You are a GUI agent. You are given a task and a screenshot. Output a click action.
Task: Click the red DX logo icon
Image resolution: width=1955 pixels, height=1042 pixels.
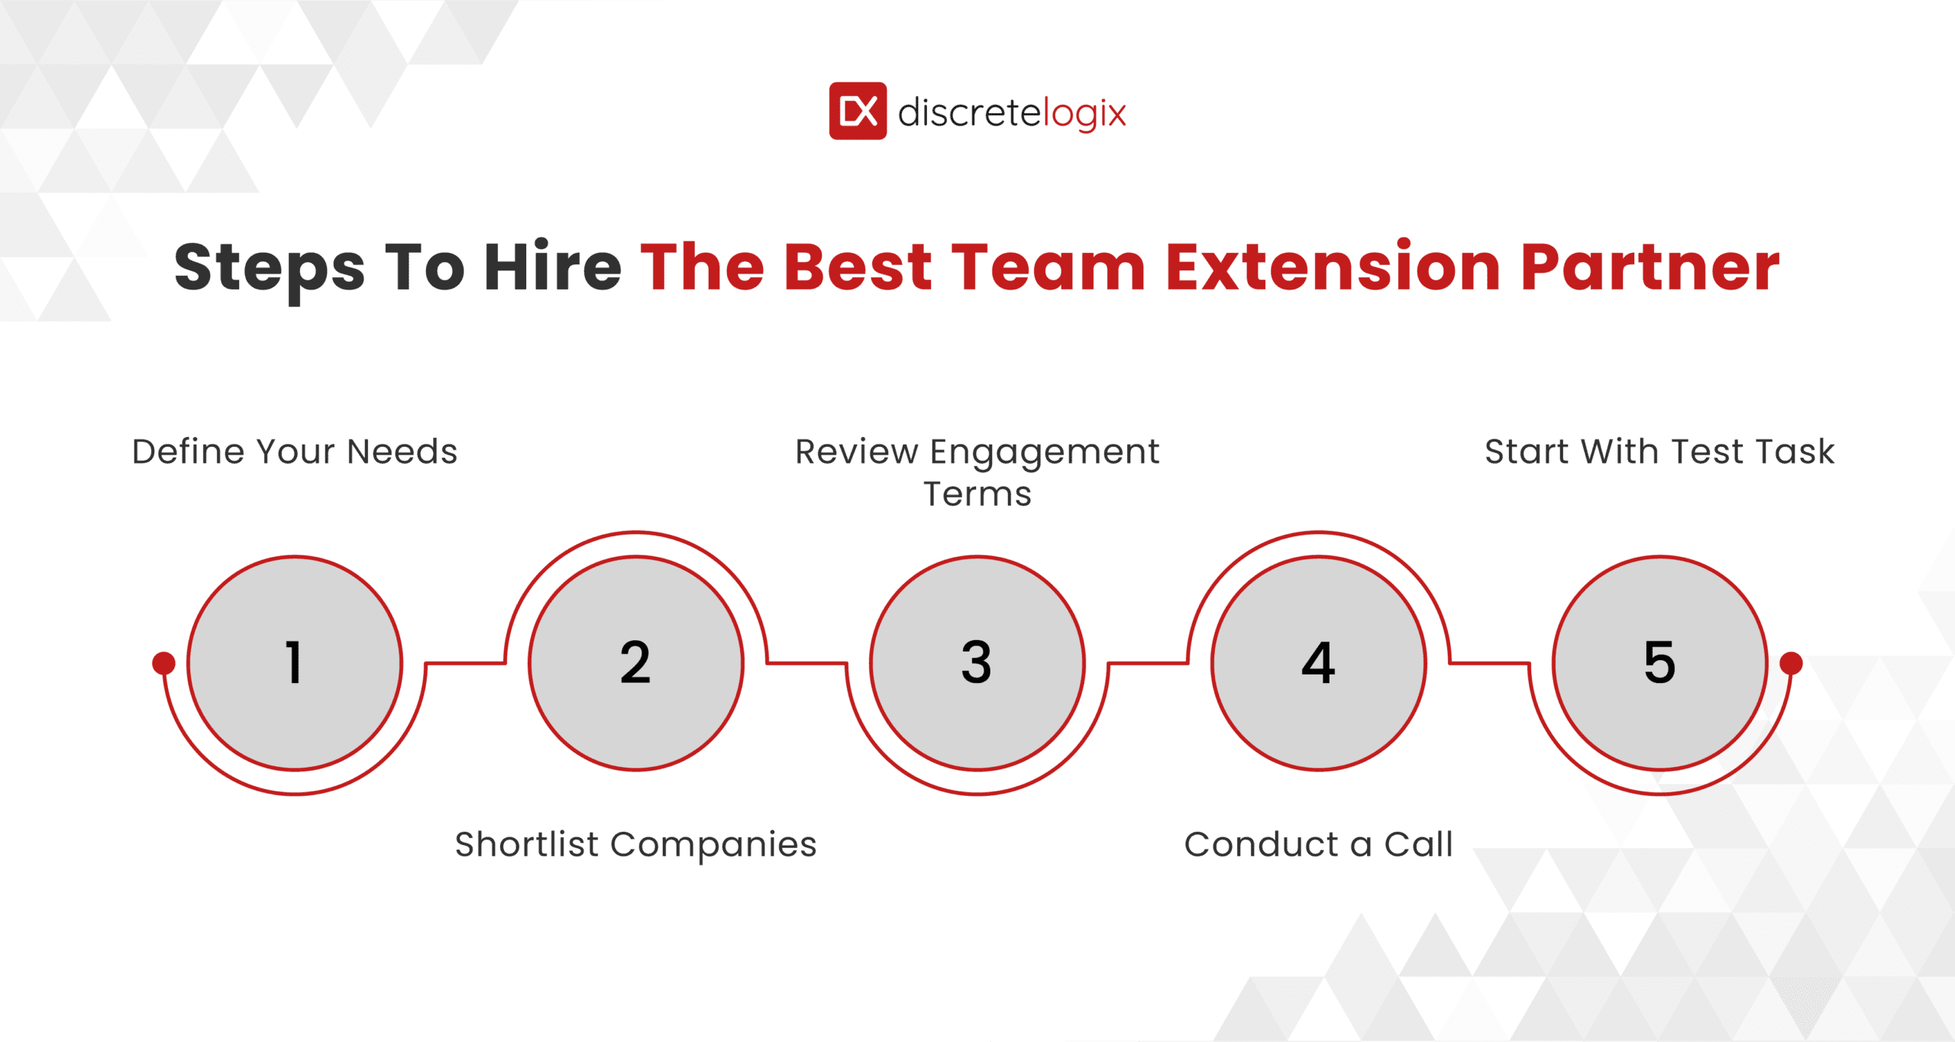click(858, 111)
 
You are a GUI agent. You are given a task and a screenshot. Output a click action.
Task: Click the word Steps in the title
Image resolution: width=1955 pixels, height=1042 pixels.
click(270, 268)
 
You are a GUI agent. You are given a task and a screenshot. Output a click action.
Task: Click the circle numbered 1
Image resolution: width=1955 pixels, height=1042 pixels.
click(295, 662)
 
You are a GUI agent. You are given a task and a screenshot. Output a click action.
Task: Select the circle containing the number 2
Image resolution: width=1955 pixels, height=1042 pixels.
click(635, 662)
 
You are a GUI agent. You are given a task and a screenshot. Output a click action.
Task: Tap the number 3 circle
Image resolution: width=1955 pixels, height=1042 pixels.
click(977, 662)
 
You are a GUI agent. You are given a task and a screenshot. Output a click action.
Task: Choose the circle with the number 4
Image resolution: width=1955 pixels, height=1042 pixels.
click(1318, 662)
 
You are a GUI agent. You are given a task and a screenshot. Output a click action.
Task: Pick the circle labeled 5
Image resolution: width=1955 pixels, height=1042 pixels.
click(1659, 662)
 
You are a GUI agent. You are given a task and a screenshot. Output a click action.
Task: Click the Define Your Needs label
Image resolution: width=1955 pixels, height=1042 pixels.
click(294, 451)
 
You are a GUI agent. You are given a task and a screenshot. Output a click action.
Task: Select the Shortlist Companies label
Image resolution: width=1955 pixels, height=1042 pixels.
click(635, 844)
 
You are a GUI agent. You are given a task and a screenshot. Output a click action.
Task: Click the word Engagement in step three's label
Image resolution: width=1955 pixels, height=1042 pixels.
click(1044, 452)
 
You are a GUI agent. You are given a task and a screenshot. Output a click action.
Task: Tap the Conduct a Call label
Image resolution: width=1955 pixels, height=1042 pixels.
click(1318, 844)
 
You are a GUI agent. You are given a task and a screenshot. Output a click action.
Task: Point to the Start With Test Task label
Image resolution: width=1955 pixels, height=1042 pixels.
click(1659, 451)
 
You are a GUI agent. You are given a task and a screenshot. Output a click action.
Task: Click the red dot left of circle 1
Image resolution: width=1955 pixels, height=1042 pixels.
click(163, 663)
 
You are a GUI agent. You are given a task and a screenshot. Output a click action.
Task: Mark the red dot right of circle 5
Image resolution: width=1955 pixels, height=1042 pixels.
click(1791, 663)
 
